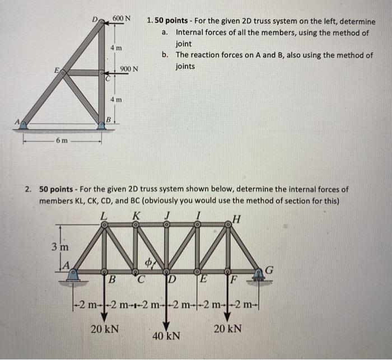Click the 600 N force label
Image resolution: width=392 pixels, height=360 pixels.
tap(122, 18)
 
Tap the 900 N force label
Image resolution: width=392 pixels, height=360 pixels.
tap(129, 69)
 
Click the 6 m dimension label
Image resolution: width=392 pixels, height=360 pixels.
tap(62, 141)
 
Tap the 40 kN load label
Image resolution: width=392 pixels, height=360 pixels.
tap(167, 336)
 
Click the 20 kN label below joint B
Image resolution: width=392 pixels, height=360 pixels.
tap(105, 329)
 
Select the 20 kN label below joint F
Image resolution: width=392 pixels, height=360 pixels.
tap(228, 329)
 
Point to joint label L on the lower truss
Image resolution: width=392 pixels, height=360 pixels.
tap(103, 215)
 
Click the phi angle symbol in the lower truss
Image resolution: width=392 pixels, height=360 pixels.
tap(148, 262)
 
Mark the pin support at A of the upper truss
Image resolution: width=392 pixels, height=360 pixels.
tap(23, 125)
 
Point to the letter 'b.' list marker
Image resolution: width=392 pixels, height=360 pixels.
tap(165, 55)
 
